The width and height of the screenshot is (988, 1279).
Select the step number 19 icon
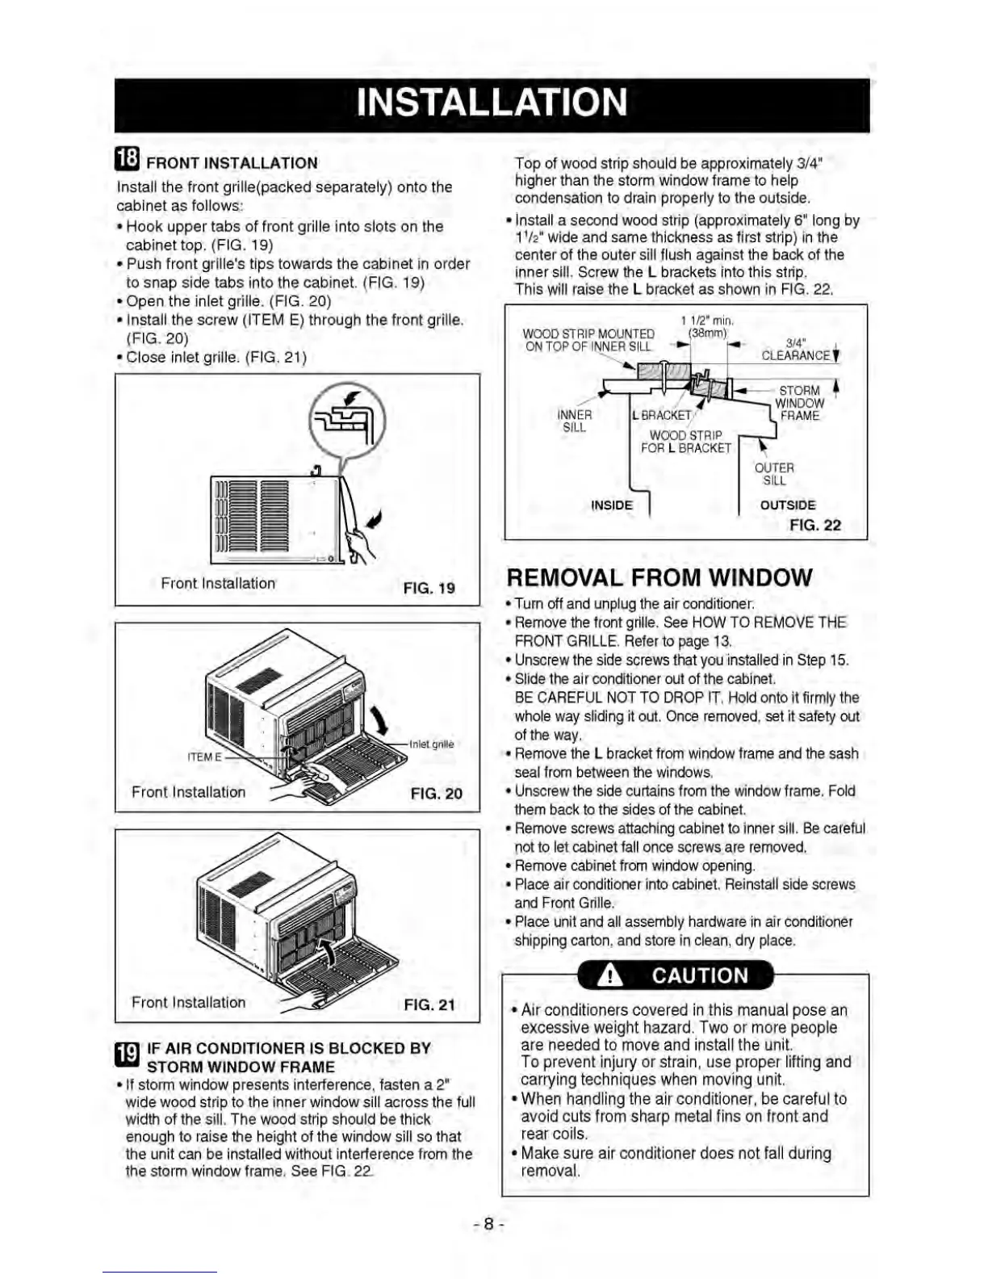(x=128, y=1056)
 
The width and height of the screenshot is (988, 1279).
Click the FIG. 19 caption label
(x=429, y=588)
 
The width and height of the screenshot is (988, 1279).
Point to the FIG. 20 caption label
(x=436, y=793)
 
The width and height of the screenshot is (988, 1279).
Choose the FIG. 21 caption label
(x=429, y=1004)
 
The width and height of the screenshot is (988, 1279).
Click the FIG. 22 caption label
(x=814, y=525)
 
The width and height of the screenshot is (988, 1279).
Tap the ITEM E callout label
(x=204, y=757)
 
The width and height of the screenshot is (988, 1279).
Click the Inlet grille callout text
(x=432, y=744)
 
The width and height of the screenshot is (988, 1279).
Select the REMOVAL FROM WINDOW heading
(x=659, y=577)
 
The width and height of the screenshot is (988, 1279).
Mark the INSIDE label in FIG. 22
(x=612, y=505)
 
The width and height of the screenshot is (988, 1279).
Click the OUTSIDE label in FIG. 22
(x=788, y=505)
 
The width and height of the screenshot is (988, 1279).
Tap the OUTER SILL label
(x=774, y=474)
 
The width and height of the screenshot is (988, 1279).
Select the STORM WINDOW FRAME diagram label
(x=799, y=403)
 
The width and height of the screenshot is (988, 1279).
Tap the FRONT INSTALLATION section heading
(x=232, y=163)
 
